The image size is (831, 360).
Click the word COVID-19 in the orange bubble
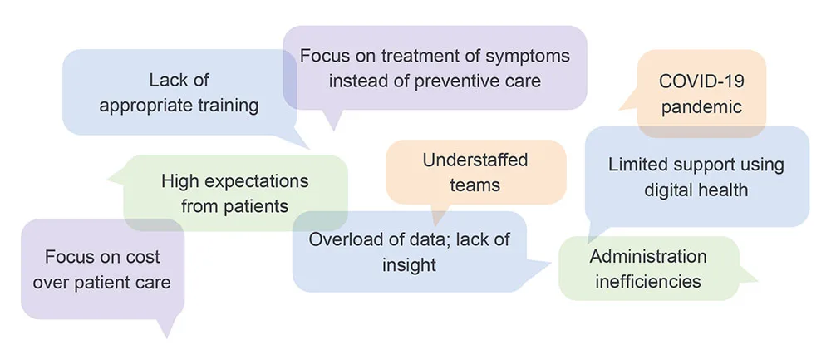(x=701, y=81)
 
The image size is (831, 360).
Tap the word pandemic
(x=701, y=107)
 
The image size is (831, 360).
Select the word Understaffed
(x=475, y=160)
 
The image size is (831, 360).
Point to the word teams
(x=475, y=185)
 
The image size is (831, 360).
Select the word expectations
(x=255, y=181)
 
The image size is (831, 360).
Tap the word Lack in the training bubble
(x=168, y=81)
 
